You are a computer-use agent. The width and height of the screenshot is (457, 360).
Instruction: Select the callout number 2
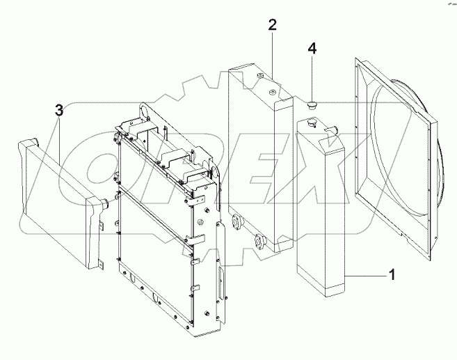(272, 26)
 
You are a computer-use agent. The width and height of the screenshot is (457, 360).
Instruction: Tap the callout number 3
(59, 110)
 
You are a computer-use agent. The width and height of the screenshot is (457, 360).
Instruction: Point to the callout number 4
(312, 49)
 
